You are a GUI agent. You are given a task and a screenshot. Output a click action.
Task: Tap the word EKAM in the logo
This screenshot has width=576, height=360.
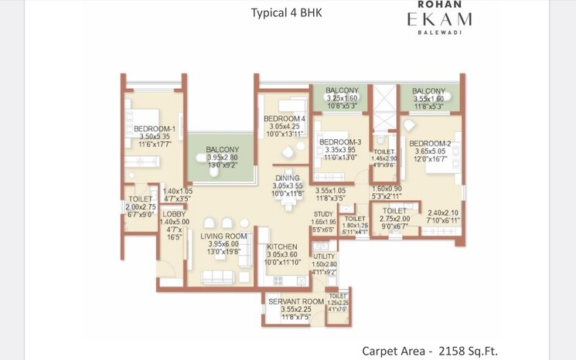pos(438,20)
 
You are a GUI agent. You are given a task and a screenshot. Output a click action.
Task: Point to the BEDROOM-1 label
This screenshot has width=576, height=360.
pos(155,129)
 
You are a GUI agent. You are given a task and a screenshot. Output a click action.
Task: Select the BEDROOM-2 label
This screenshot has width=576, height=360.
pos(430,144)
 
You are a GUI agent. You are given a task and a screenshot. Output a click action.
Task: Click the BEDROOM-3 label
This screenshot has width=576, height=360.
pos(340,142)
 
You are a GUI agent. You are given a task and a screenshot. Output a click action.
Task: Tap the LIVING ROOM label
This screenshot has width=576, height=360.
pos(223,236)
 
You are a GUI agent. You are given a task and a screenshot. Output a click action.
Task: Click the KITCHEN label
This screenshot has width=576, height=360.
pos(281,246)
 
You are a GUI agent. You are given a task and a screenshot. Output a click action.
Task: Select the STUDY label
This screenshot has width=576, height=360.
pos(323,214)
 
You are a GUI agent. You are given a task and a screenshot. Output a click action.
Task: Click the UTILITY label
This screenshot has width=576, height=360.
pos(324,256)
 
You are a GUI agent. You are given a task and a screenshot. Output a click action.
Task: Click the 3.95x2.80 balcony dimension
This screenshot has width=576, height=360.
pos(223,158)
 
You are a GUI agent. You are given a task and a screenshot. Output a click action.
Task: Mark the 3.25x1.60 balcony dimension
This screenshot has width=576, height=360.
pos(341,99)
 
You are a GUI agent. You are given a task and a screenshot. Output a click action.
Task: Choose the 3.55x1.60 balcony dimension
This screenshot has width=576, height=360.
pos(429,99)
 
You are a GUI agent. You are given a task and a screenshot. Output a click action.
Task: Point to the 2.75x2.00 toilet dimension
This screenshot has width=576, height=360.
pos(394,219)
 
